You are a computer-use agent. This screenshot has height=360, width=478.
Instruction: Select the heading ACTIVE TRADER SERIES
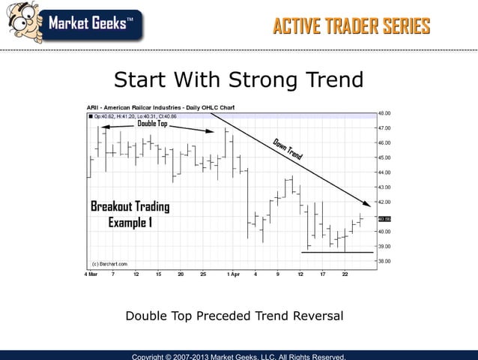coord(351,27)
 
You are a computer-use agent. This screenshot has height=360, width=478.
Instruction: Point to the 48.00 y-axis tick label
coord(384,113)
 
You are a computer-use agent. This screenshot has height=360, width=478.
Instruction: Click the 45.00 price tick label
coord(384,157)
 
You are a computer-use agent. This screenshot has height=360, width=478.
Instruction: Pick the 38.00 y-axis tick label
coord(384,261)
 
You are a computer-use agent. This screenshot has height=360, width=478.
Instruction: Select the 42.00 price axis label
coord(384,202)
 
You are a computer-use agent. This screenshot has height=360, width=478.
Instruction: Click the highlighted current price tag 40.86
coord(384,219)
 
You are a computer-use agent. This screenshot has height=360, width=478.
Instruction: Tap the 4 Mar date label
coord(90,274)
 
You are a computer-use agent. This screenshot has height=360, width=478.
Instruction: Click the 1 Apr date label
coord(233,274)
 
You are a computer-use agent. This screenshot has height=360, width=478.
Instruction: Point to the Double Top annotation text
coord(152,124)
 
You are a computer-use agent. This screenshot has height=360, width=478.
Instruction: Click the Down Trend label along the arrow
coord(288,149)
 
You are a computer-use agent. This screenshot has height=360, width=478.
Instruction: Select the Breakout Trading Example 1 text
coord(130,214)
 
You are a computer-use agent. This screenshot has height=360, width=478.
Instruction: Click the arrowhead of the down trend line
coord(367,204)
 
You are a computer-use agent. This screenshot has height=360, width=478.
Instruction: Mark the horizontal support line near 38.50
coord(337,252)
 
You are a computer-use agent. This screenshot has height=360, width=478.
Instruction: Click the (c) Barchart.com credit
coord(109,264)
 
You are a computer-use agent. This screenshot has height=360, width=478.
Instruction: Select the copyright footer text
coord(238,356)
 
